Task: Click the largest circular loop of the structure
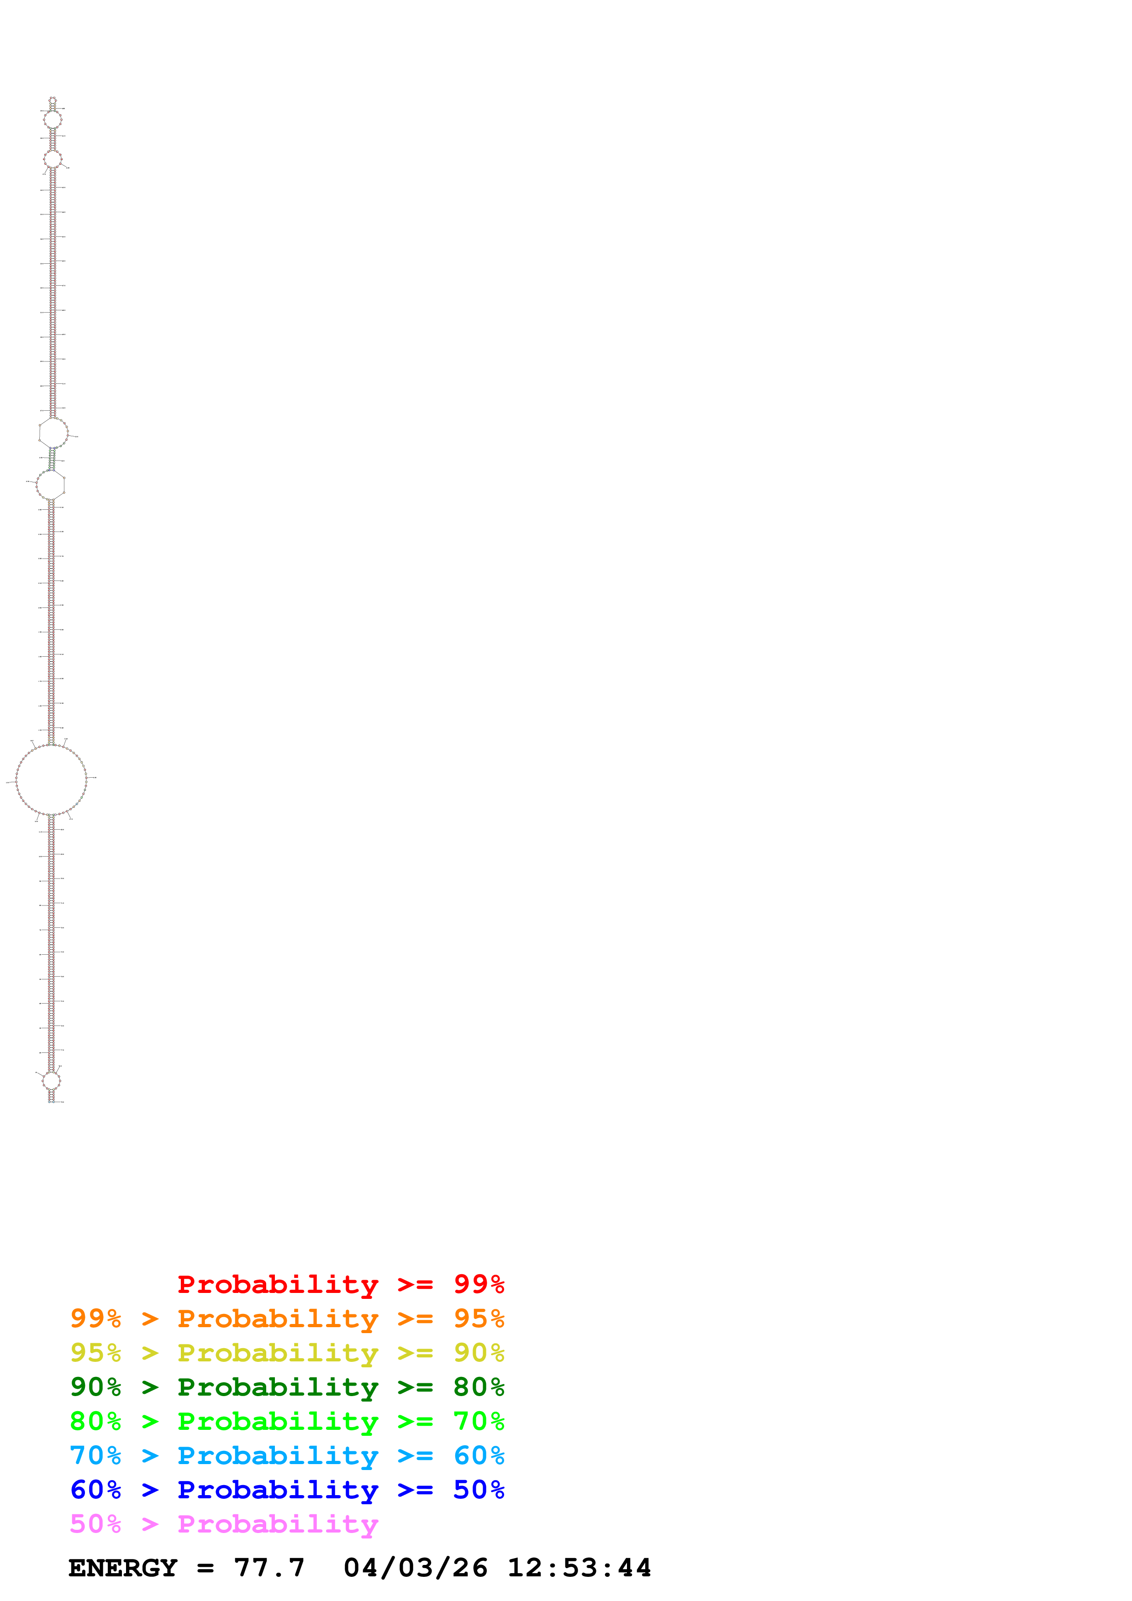pyautogui.click(x=51, y=779)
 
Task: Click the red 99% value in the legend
pyautogui.click(x=479, y=1284)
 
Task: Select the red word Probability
pyautogui.click(x=278, y=1284)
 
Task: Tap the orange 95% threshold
pyautogui.click(x=479, y=1318)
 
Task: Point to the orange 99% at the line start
pyautogui.click(x=95, y=1318)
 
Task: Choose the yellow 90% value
pyautogui.click(x=479, y=1353)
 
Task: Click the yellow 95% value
pyautogui.click(x=95, y=1353)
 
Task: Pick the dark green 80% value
pyautogui.click(x=479, y=1387)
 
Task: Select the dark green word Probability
pyautogui.click(x=278, y=1387)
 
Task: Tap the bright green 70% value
pyautogui.click(x=479, y=1421)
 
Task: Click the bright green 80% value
pyautogui.click(x=95, y=1421)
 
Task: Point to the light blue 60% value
pyautogui.click(x=479, y=1455)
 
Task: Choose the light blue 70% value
pyautogui.click(x=95, y=1455)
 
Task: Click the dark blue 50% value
pyautogui.click(x=479, y=1490)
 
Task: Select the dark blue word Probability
pyautogui.click(x=278, y=1490)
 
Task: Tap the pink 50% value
pyautogui.click(x=95, y=1523)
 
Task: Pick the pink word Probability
pyautogui.click(x=278, y=1523)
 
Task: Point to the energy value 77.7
pyautogui.click(x=269, y=1568)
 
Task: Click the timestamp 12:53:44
pyautogui.click(x=579, y=1568)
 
